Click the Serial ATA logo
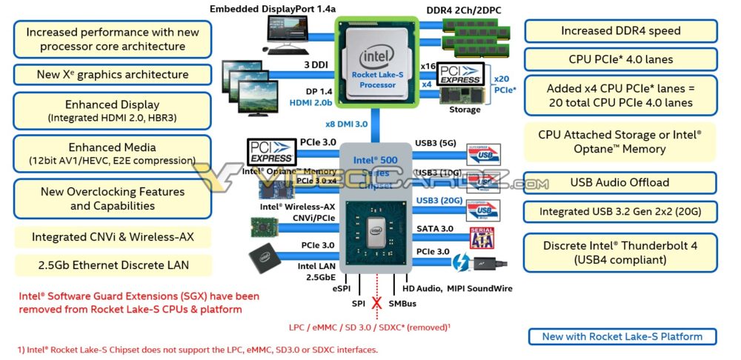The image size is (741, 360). point(482,238)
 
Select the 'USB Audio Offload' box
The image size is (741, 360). point(620,182)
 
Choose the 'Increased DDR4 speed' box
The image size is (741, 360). point(620,31)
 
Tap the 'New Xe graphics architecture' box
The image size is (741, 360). point(112,75)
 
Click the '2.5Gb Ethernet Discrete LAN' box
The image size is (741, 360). point(112,265)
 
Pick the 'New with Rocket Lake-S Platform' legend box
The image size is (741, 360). point(622,336)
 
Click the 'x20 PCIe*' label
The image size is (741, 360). point(503,84)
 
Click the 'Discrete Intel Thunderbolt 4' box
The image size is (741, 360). point(620,253)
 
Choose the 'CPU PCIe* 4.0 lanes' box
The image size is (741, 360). point(620,59)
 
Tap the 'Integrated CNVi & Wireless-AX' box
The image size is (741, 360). point(112,237)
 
